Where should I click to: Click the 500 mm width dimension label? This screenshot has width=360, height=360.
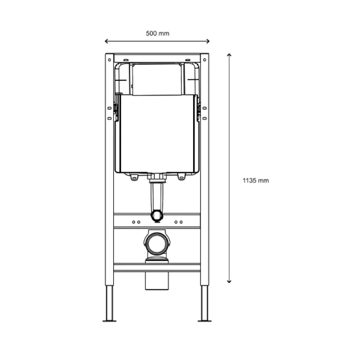pos(157,33)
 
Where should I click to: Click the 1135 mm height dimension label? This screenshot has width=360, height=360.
pos(256,180)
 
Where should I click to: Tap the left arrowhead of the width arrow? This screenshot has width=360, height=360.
pos(106,41)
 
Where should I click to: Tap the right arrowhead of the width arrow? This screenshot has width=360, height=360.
pos(208,41)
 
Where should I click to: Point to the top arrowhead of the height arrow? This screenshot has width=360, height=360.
pos(229,54)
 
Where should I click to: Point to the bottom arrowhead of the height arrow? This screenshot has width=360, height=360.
pos(229,282)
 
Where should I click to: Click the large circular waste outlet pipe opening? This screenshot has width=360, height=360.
pos(157,243)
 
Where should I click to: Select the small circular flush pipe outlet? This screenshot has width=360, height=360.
pos(157,216)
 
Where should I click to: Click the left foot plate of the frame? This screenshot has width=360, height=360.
pos(109,321)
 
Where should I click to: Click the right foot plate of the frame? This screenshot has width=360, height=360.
pos(205,321)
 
